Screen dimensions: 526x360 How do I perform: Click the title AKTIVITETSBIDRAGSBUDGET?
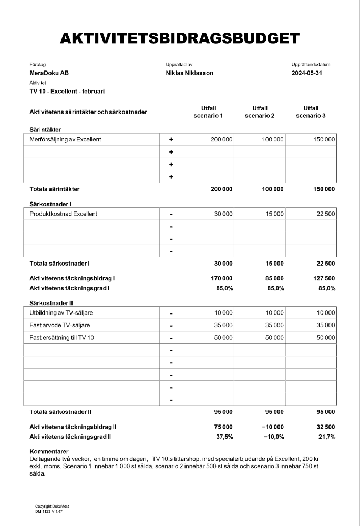[180, 38]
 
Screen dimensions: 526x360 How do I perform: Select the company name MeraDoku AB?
[49, 73]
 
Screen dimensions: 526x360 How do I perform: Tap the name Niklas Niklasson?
[189, 73]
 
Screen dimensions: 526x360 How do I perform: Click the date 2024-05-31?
[306, 73]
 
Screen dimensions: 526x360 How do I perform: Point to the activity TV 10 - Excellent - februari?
[67, 91]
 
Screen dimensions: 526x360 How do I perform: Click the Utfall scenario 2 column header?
[260, 112]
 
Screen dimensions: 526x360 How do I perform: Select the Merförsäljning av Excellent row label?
[65, 139]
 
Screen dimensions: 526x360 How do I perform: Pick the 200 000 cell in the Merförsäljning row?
[221, 139]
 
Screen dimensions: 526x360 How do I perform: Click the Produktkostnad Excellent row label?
[63, 214]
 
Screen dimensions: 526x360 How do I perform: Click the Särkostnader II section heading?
[51, 303]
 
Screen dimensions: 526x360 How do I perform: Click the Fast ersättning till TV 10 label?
[61, 338]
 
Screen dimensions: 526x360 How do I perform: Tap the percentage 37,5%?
[224, 437]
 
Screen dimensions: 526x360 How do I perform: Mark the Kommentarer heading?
[49, 451]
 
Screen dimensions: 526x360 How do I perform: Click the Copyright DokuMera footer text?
[52, 506]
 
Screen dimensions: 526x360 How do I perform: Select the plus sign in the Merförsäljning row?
[171, 140]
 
